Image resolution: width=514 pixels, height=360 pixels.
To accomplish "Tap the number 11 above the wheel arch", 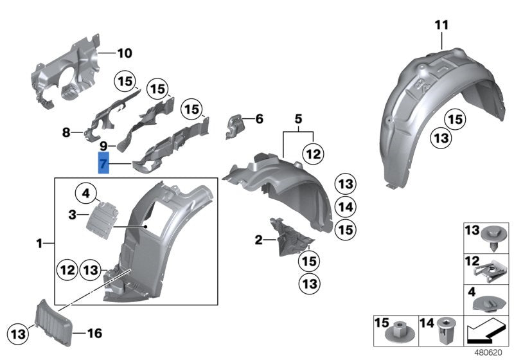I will click(441, 25).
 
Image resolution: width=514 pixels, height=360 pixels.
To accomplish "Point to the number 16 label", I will click(94, 333).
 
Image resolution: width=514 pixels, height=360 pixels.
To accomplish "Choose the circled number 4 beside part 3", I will click(86, 192).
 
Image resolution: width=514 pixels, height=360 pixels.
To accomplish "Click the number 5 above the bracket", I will click(297, 119).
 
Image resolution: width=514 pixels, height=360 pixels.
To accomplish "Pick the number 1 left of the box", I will click(40, 244).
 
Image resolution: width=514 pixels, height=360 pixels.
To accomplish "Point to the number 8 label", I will click(66, 132).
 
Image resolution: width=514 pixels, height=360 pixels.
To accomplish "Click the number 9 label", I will click(103, 147).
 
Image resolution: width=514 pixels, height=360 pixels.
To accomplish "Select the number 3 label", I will click(73, 212).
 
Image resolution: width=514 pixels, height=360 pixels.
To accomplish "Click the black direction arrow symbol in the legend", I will click(485, 333).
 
